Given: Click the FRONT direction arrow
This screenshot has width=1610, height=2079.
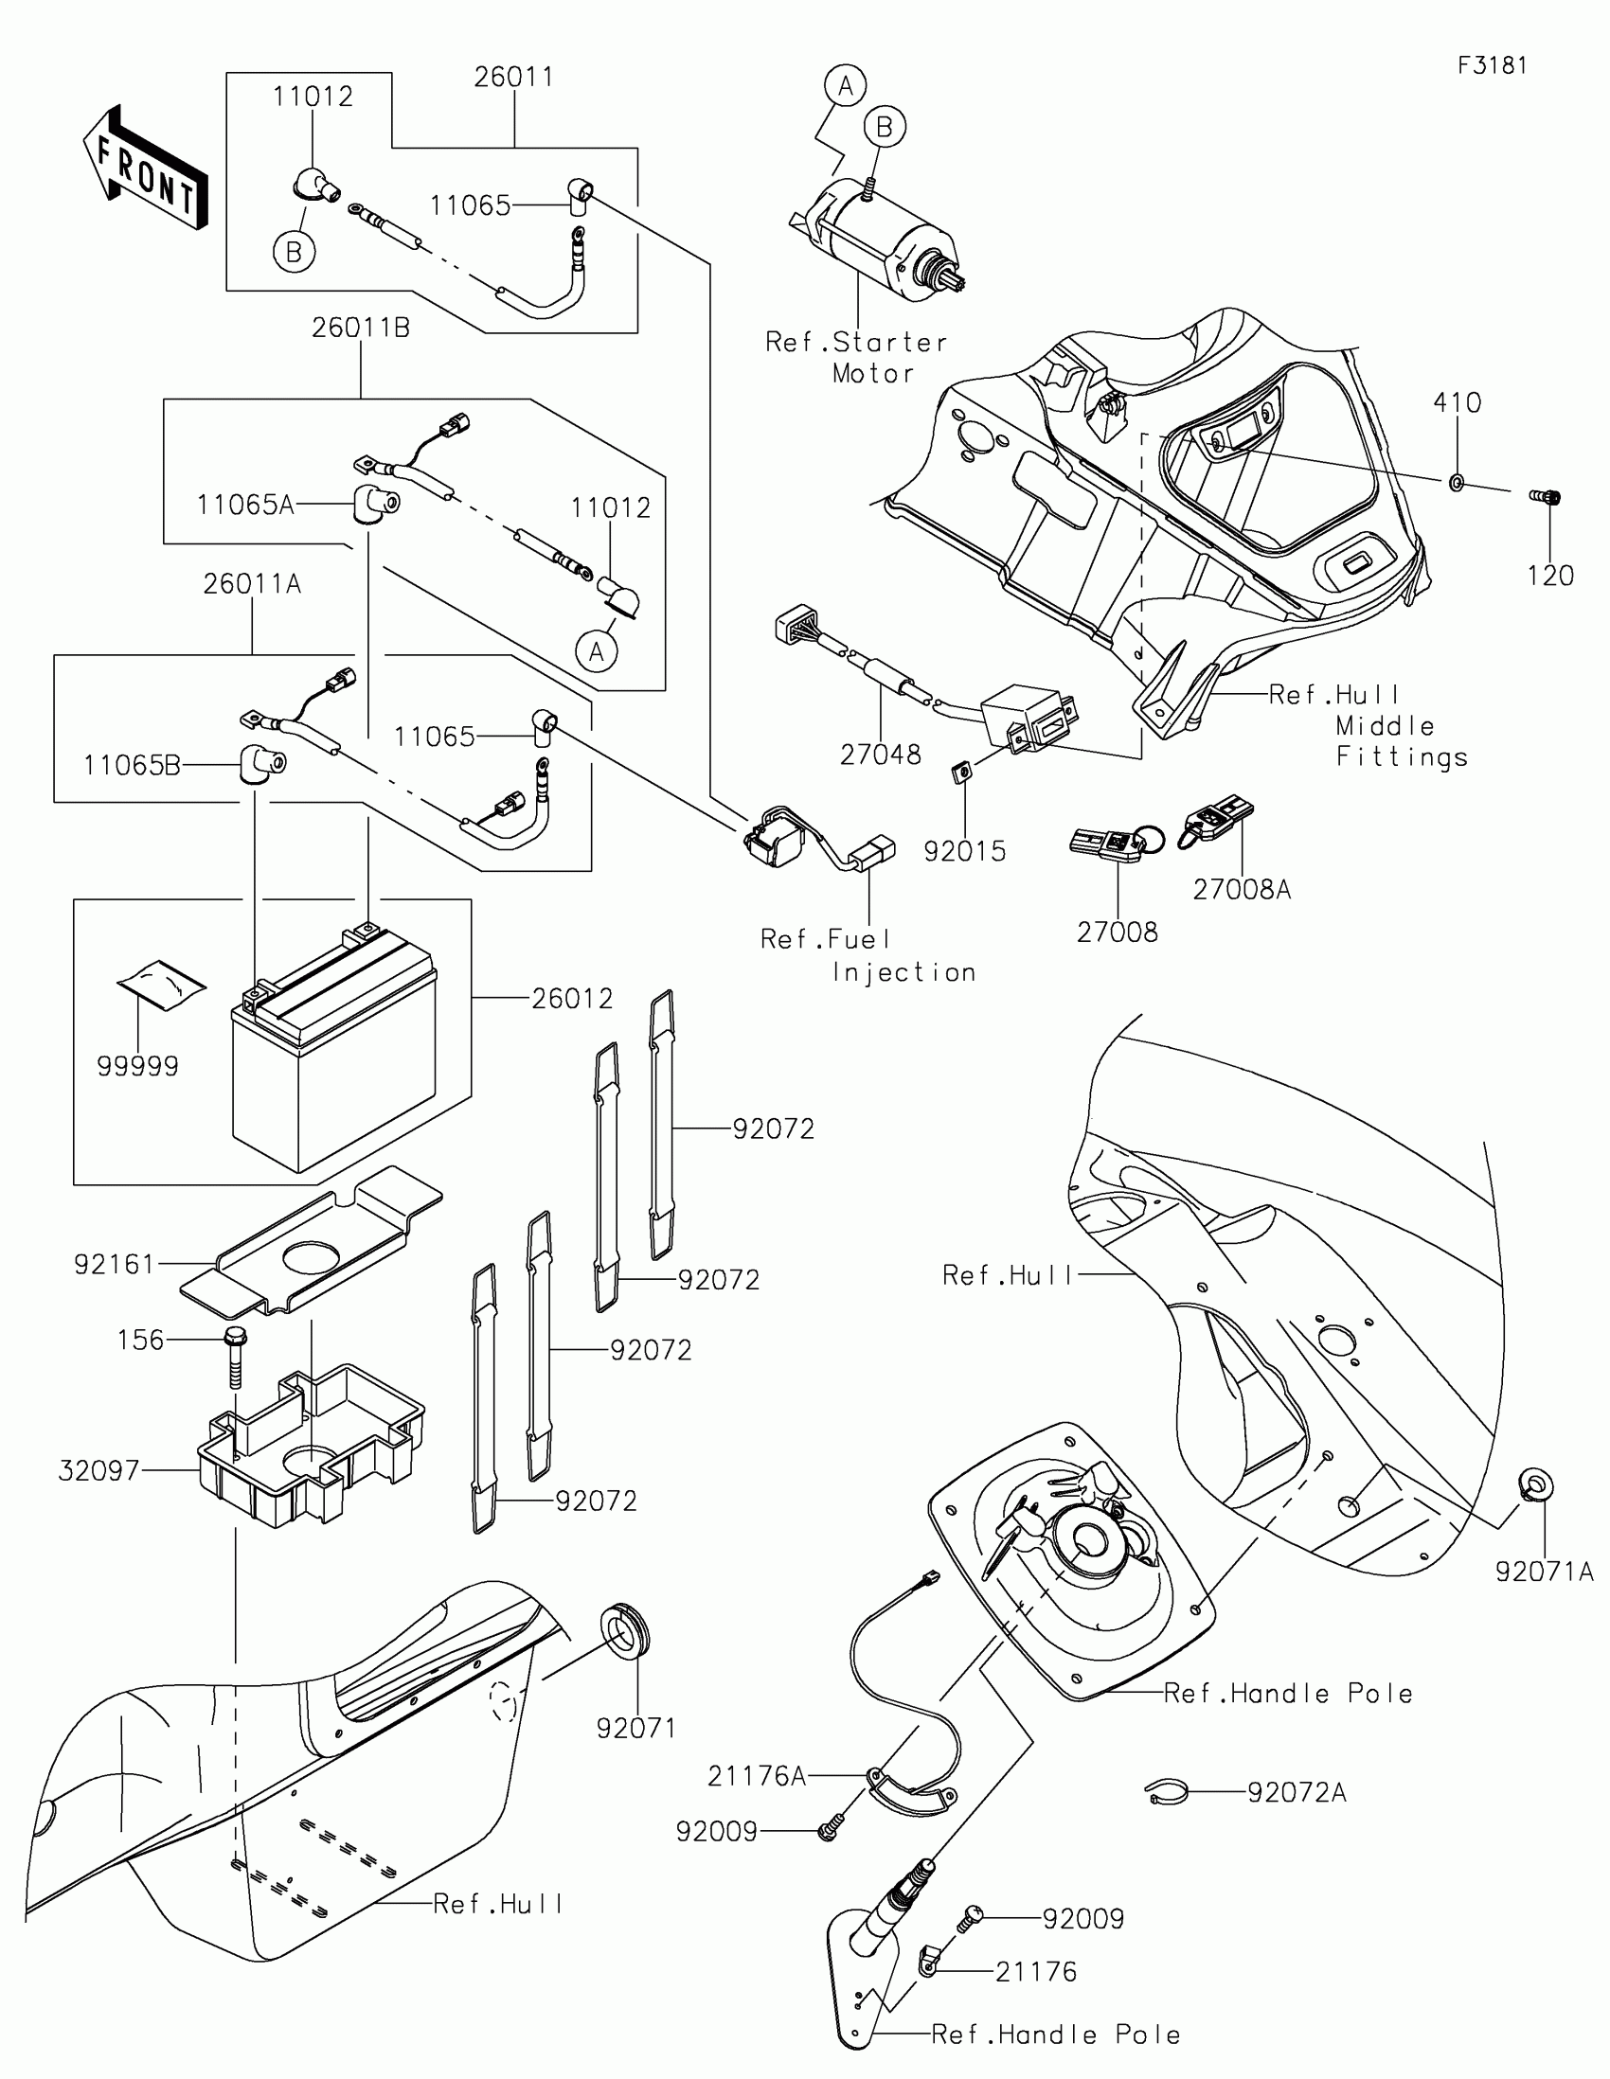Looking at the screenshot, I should coord(146,169).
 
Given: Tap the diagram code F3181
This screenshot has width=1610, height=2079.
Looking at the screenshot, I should coord(1492,65).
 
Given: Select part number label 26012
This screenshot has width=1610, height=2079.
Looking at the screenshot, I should coord(572,999).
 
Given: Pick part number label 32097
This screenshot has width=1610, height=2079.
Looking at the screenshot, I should coord(99,1470).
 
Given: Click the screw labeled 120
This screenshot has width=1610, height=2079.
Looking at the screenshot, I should coord(1547,496).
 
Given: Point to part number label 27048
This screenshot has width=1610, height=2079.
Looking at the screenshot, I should coord(881,755).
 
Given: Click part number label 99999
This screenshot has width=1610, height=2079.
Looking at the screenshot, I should coord(138,1066).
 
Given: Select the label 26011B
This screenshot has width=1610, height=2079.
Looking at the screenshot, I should coord(361,329).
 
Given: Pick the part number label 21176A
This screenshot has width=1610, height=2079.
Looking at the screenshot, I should coord(757,1776).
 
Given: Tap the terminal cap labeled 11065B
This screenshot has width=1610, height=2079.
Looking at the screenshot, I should coord(260,764).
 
